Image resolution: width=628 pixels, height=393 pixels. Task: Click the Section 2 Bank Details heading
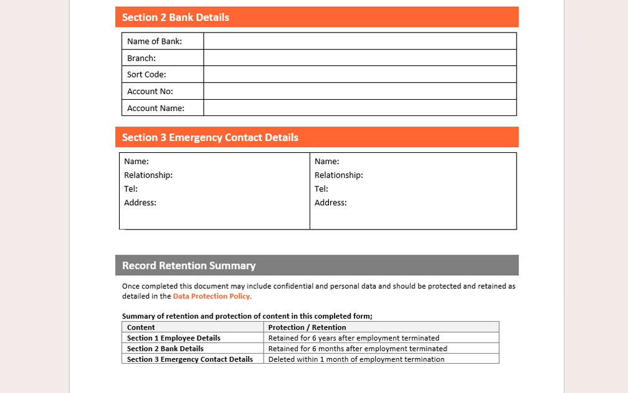tap(176, 17)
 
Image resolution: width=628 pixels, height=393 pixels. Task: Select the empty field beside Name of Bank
tap(359, 41)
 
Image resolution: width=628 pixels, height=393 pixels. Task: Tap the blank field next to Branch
tap(359, 58)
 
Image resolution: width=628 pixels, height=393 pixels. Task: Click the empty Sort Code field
tap(359, 74)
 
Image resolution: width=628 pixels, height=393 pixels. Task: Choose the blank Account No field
tap(359, 91)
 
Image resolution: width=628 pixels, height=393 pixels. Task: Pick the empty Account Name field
tap(359, 108)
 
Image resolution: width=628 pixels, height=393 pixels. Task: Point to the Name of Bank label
tap(155, 41)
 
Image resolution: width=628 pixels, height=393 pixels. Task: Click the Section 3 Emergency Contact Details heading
tap(210, 137)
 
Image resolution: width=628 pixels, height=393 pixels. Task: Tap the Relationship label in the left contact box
tap(148, 175)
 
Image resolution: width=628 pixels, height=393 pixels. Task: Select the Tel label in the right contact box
tap(321, 189)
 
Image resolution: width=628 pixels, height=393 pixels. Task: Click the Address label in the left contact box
tap(140, 203)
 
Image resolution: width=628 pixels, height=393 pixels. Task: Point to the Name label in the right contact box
tap(327, 162)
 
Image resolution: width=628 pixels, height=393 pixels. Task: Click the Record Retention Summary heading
tap(189, 266)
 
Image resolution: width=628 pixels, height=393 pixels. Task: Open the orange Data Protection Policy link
tap(211, 296)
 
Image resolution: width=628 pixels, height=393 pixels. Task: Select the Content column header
tap(141, 327)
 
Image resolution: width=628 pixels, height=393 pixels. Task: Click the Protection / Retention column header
tap(307, 327)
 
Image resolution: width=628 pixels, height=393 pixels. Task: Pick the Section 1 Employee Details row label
tap(174, 338)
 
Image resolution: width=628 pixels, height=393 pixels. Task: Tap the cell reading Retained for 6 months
tap(358, 349)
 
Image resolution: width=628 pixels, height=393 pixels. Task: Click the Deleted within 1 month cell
tap(356, 359)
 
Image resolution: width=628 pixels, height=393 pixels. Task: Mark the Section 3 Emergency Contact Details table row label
tap(190, 359)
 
